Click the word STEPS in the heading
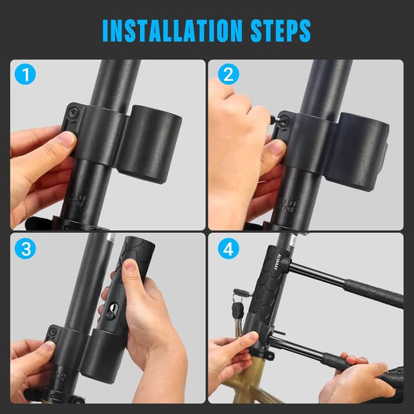click(x=274, y=30)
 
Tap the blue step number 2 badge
click(x=225, y=76)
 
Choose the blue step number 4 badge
click(x=225, y=249)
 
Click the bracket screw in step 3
click(x=53, y=334)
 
